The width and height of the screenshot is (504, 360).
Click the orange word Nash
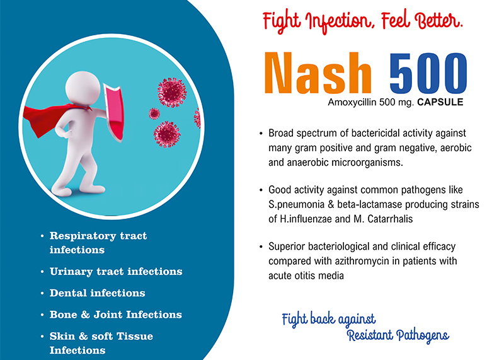pyautogui.click(x=318, y=73)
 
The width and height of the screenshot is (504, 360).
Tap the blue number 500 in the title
pyautogui.click(x=428, y=73)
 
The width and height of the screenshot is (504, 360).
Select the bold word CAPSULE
pyautogui.click(x=440, y=102)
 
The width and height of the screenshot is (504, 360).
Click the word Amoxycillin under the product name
pyautogui.click(x=352, y=103)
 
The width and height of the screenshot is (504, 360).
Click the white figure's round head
pyautogui.click(x=83, y=88)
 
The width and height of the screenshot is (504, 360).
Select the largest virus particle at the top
pyautogui.click(x=172, y=92)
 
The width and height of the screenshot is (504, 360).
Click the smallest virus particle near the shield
pyautogui.click(x=154, y=113)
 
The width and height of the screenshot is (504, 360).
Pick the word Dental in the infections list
pyautogui.click(x=68, y=293)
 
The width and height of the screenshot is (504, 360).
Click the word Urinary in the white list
pyautogui.click(x=71, y=272)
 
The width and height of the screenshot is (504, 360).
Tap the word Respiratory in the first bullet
pyautogui.click(x=83, y=236)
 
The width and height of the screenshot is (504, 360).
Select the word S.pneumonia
pyautogui.click(x=296, y=205)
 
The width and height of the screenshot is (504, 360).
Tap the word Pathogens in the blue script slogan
pyautogui.click(x=422, y=335)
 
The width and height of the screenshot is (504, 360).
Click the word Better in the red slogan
pyautogui.click(x=438, y=20)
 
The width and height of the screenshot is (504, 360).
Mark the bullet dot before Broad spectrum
pyautogui.click(x=261, y=134)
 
